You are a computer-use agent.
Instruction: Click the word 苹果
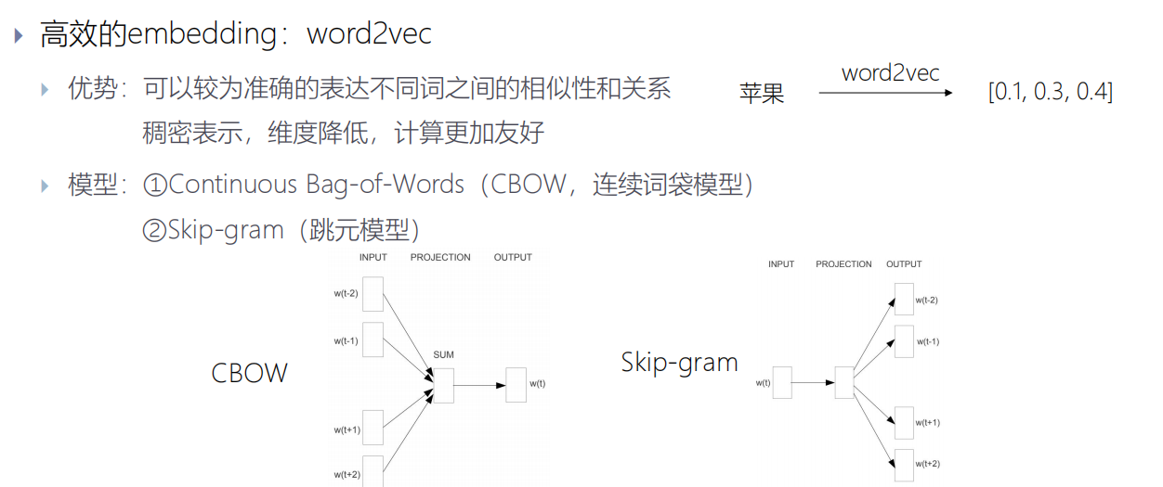pyautogui.click(x=762, y=93)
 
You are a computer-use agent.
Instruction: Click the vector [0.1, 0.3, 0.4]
pyautogui.click(x=1051, y=92)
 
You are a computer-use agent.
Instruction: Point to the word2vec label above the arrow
pyautogui.click(x=890, y=72)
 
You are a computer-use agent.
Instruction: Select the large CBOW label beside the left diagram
pyautogui.click(x=250, y=373)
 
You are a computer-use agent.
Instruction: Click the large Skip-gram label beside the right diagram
pyautogui.click(x=679, y=362)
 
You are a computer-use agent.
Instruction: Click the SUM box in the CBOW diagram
pyautogui.click(x=443, y=385)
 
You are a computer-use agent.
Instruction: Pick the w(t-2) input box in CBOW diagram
pyautogui.click(x=372, y=293)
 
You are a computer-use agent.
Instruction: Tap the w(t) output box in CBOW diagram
pyautogui.click(x=516, y=384)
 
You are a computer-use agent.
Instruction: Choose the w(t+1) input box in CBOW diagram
pyautogui.click(x=372, y=428)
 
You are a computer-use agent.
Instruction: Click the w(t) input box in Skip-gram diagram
pyautogui.click(x=782, y=382)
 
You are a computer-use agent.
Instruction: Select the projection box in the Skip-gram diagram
pyautogui.click(x=843, y=382)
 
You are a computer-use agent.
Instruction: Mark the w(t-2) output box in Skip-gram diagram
pyautogui.click(x=904, y=300)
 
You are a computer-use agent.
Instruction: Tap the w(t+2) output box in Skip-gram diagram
pyautogui.click(x=904, y=464)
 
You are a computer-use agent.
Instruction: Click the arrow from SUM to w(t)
pyautogui.click(x=479, y=385)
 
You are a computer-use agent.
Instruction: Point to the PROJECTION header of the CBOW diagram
pyautogui.click(x=440, y=257)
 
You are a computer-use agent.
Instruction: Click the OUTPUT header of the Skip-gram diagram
pyautogui.click(x=903, y=264)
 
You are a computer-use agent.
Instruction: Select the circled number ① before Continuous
pyautogui.click(x=154, y=185)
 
